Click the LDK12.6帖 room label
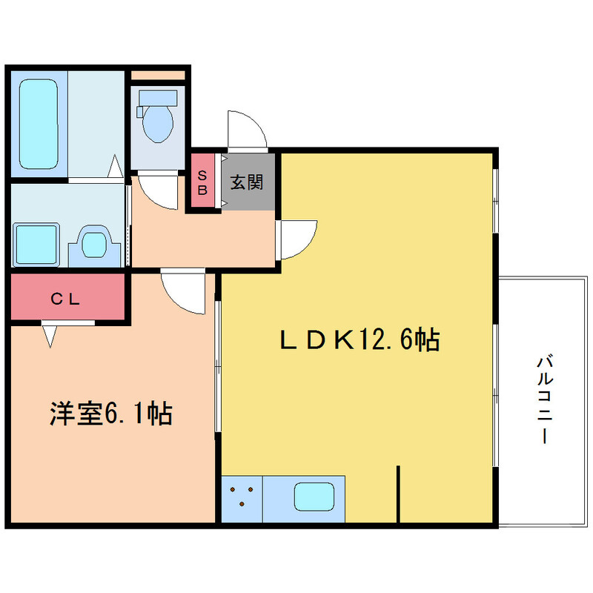point(360,339)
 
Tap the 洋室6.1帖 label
point(111,414)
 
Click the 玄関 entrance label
point(247,182)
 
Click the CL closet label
point(69,299)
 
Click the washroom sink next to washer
point(94,243)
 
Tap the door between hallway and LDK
point(296,237)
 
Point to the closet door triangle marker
point(50,335)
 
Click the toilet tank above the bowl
point(157,98)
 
